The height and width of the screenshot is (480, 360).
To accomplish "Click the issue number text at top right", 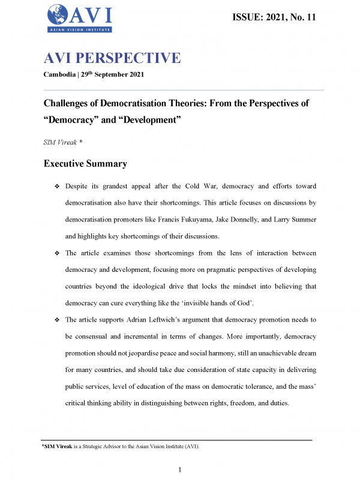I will coord(274,17).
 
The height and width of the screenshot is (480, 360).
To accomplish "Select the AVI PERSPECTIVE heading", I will coord(112,58).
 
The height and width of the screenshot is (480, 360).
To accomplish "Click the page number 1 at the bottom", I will coord(180,469).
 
